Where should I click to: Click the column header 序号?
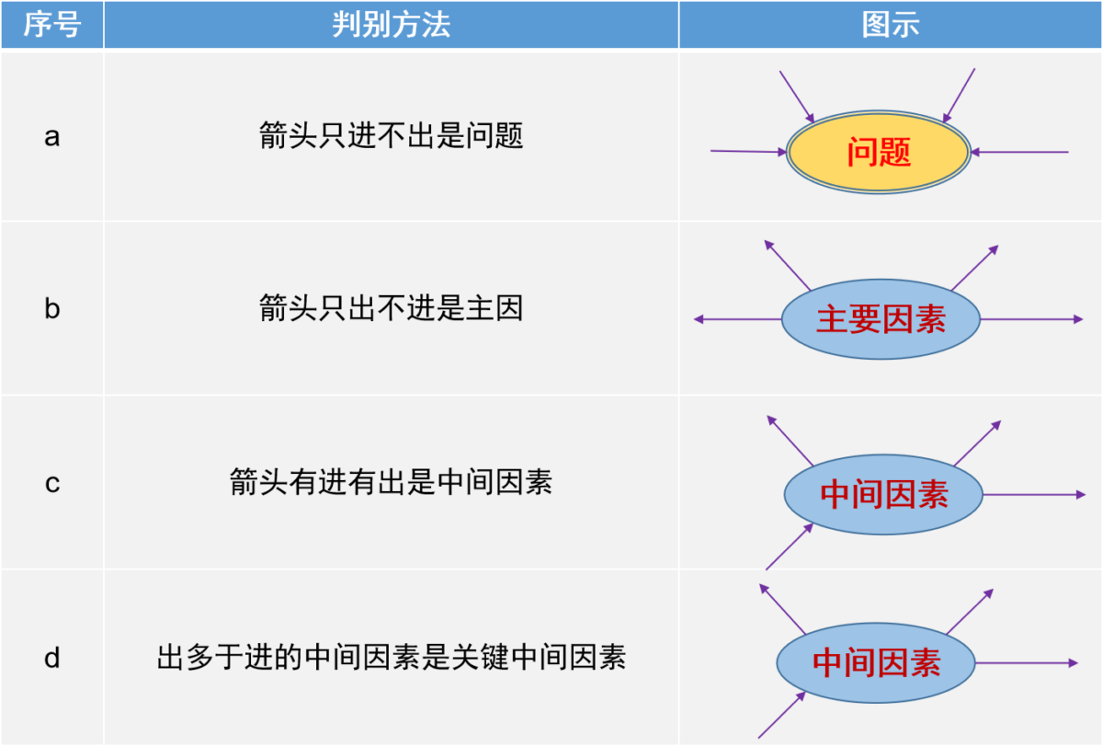[x=52, y=24]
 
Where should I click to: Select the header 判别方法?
[x=391, y=24]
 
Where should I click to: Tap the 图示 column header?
[x=891, y=24]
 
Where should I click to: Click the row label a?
[x=52, y=136]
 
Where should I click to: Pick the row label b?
[x=52, y=308]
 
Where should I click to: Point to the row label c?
[x=52, y=483]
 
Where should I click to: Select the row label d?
[x=52, y=658]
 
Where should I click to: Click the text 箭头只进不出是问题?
[x=391, y=135]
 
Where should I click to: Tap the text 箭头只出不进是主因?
[x=391, y=308]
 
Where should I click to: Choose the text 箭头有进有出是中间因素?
[x=391, y=481]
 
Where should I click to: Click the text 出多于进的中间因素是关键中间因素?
[x=391, y=657]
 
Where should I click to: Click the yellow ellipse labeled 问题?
[x=879, y=152]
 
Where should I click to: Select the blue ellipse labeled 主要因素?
[x=881, y=319]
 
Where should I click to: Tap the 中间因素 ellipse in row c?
[x=883, y=495]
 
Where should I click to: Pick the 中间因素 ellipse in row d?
[x=876, y=662]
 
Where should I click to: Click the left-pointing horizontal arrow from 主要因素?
[x=737, y=319]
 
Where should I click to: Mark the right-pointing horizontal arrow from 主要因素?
[x=1031, y=319]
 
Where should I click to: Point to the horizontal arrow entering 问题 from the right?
[x=1019, y=152]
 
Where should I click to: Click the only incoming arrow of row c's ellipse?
[x=790, y=547]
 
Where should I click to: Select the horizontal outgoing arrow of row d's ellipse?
[x=1027, y=662]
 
